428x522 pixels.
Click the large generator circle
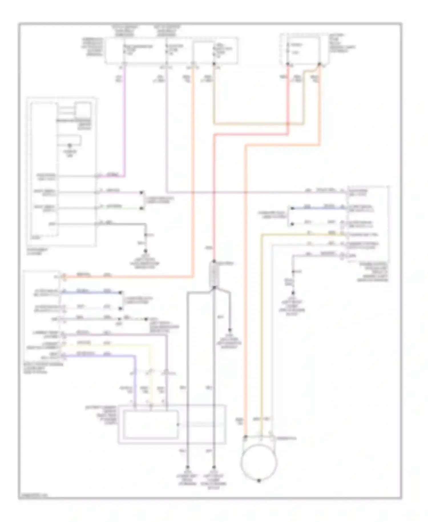click(x=259, y=462)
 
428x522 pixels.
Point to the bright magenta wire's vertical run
click(x=124, y=120)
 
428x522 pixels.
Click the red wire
click(x=288, y=100)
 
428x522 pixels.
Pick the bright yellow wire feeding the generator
click(x=261, y=328)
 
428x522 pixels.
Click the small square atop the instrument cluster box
click(x=83, y=110)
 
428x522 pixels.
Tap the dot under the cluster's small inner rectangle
click(x=70, y=145)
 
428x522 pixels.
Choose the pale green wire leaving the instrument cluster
click(x=120, y=208)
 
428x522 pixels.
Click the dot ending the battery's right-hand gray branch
click(x=230, y=330)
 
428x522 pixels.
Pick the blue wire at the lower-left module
click(x=91, y=292)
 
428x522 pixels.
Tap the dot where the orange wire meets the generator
click(x=246, y=437)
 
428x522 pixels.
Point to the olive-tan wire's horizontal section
click(x=257, y=124)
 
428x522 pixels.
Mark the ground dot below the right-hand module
click(x=293, y=293)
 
